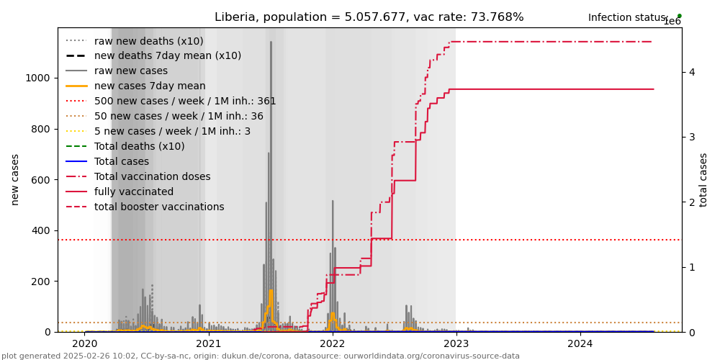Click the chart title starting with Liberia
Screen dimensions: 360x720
[x=369, y=17]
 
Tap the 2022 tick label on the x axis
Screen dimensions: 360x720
[x=333, y=343]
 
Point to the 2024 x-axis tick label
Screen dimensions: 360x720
[x=580, y=343]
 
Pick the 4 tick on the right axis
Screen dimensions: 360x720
[x=691, y=72]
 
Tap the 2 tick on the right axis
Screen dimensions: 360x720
[x=691, y=202]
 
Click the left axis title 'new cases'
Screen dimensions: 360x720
[x=15, y=180]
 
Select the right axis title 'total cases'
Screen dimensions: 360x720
[x=704, y=180]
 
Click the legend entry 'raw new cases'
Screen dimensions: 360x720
[x=130, y=71]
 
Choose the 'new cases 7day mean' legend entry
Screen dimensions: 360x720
[x=150, y=86]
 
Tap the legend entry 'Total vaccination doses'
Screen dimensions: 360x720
[x=152, y=177]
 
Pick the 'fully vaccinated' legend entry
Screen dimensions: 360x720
[x=134, y=192]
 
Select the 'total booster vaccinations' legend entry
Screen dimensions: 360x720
[x=159, y=207]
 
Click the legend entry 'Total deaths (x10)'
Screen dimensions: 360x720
[x=139, y=147]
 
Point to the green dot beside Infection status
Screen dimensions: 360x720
[x=679, y=16]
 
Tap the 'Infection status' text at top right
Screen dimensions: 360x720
[x=626, y=18]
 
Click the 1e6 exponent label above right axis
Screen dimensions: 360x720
[x=672, y=22]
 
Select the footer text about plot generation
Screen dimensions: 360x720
[x=260, y=356]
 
